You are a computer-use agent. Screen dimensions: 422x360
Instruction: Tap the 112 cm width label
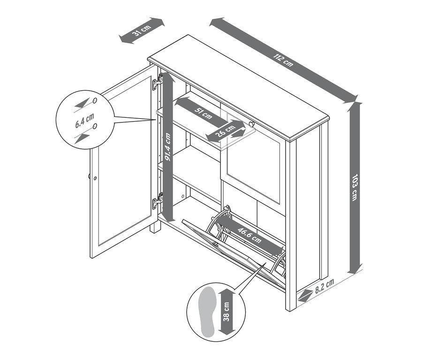point(283,60)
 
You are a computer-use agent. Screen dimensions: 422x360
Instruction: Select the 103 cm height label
point(355,187)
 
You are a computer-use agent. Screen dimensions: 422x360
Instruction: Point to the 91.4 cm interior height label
point(168,147)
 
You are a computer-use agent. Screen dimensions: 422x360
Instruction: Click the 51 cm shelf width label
point(203,113)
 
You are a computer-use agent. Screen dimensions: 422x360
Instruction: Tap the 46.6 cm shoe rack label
point(249,235)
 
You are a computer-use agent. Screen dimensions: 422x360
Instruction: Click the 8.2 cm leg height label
point(324,286)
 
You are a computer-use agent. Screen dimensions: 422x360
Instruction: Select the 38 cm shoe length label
point(226,312)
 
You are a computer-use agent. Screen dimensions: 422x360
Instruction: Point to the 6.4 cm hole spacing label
point(84,121)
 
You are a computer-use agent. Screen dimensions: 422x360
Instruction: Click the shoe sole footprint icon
point(207,312)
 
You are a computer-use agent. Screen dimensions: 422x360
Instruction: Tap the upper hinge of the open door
point(158,82)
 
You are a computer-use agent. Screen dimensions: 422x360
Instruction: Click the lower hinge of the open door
point(158,201)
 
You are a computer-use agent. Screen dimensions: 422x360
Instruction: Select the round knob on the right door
point(252,124)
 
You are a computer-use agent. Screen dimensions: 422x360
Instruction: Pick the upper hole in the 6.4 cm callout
point(95,100)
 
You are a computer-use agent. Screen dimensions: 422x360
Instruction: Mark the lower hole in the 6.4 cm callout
point(95,126)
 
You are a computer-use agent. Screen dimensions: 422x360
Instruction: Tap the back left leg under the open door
point(155,228)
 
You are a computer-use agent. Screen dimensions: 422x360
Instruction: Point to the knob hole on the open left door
point(95,178)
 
